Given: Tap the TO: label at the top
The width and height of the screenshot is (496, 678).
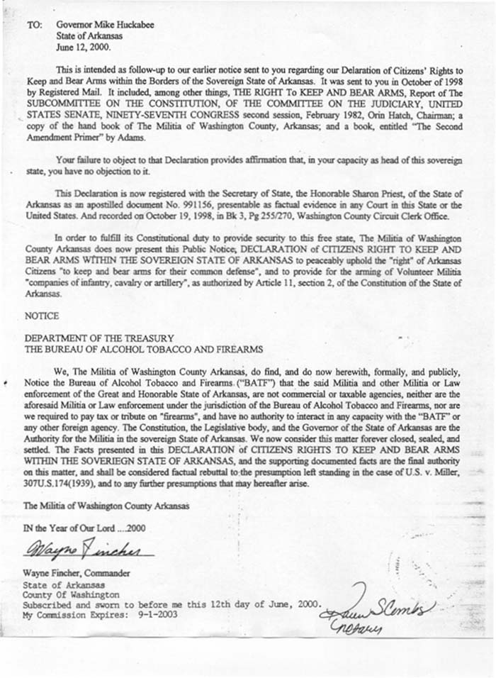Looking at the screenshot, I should point(35,25).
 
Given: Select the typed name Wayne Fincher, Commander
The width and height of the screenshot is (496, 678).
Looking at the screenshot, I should point(77,572).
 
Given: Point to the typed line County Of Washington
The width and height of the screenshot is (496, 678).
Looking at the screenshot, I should point(71,594).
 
